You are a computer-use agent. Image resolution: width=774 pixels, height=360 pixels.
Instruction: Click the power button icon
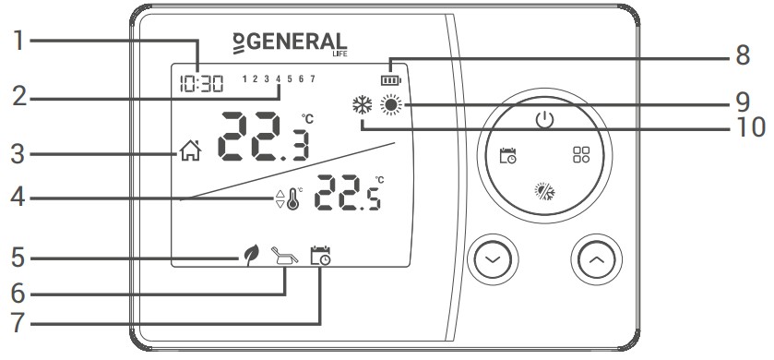[x=544, y=120]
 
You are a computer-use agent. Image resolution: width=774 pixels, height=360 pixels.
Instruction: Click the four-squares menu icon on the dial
[x=582, y=155]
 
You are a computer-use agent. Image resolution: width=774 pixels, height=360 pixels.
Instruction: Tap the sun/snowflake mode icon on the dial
[x=544, y=192]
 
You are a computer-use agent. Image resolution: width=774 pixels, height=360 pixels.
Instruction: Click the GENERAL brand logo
[x=290, y=42]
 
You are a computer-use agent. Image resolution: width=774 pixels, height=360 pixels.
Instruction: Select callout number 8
[x=742, y=55]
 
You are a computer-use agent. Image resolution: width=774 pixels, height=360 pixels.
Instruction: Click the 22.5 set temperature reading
[x=349, y=195]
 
